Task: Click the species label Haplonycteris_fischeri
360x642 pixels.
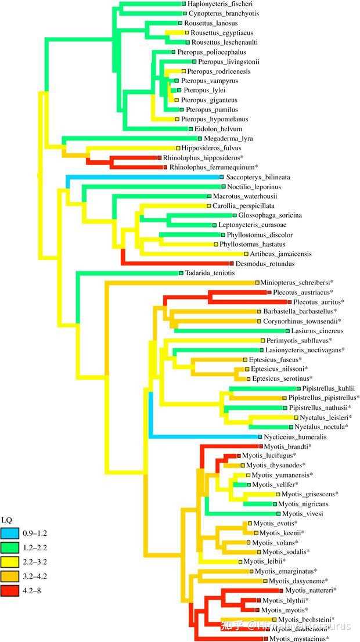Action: tap(215, 4)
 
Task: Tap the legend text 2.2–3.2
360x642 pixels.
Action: tap(34, 561)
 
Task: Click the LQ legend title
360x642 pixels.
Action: tap(6, 518)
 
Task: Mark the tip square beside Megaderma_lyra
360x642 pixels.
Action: tap(199, 139)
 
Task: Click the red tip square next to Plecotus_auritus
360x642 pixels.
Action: tap(289, 302)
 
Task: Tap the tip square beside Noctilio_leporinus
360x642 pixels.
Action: tap(222, 187)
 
